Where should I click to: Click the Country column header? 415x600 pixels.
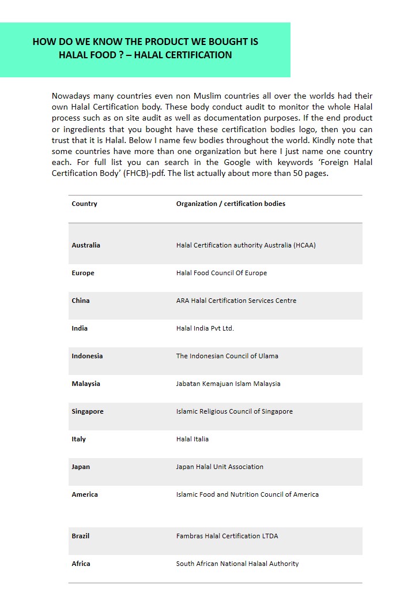click(x=84, y=204)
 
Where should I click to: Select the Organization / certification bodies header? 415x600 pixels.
click(x=231, y=204)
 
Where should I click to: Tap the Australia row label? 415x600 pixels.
click(x=86, y=245)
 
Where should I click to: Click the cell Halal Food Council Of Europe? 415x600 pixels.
click(x=221, y=273)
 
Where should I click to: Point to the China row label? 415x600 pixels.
click(x=81, y=301)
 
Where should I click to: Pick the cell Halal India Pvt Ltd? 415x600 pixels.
click(x=205, y=328)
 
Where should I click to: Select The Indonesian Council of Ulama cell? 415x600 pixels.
click(x=227, y=356)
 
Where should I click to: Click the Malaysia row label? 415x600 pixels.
click(x=86, y=384)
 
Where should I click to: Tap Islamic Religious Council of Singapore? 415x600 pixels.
click(x=234, y=411)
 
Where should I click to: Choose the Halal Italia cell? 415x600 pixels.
click(x=193, y=439)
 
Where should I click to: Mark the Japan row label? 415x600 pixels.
click(x=81, y=467)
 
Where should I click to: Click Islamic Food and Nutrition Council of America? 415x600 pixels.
click(x=247, y=494)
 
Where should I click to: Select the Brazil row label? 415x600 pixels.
click(x=81, y=536)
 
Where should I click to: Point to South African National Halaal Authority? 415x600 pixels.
click(x=237, y=564)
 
